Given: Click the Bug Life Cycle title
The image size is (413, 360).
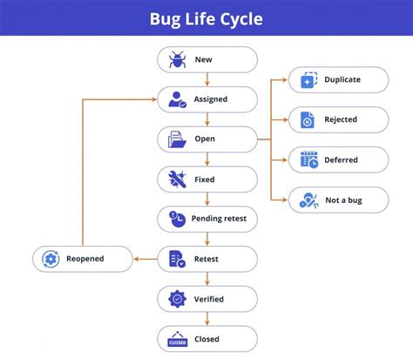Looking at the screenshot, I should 206,18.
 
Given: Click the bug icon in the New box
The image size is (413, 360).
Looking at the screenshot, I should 177,59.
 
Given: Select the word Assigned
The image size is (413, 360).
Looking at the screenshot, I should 211,99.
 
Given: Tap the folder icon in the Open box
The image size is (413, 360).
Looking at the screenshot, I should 177,139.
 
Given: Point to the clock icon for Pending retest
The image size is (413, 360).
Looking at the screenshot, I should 177,219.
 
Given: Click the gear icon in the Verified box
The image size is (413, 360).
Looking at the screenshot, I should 177,299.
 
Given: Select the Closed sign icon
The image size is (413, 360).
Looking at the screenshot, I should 177,339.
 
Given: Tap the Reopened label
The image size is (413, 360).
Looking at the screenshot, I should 85,259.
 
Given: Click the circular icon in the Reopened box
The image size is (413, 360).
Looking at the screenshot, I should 51,259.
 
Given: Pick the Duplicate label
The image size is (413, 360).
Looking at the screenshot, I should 342,79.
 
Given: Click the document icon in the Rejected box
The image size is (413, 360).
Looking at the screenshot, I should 308,119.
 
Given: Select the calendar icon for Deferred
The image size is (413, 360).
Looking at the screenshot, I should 308,160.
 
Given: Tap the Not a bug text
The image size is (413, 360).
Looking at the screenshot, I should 342,200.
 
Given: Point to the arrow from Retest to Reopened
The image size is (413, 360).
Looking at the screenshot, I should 145,259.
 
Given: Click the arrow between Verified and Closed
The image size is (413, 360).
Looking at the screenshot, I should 207,319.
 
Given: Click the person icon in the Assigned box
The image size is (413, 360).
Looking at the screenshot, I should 177,99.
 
